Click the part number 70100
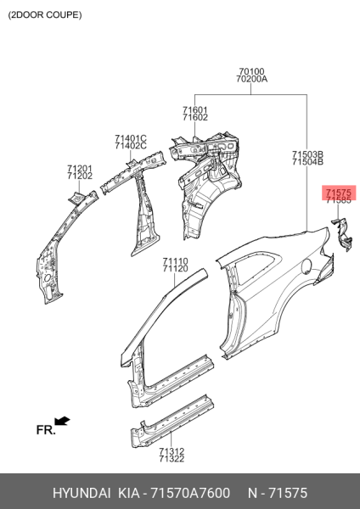point(251,71)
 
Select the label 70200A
point(252,79)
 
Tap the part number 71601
point(195,110)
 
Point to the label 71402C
point(131,146)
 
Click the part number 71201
point(80,169)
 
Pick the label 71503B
point(307,154)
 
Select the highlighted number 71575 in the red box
point(339,193)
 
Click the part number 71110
point(176,261)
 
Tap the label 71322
point(172,459)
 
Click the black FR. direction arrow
point(62,421)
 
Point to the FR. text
point(46,430)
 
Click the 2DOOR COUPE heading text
point(45,15)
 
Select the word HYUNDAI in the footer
point(82,493)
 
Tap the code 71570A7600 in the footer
point(191,493)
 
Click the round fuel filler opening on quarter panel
point(307,266)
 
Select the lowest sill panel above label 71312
point(172,421)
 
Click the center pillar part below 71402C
point(144,215)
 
